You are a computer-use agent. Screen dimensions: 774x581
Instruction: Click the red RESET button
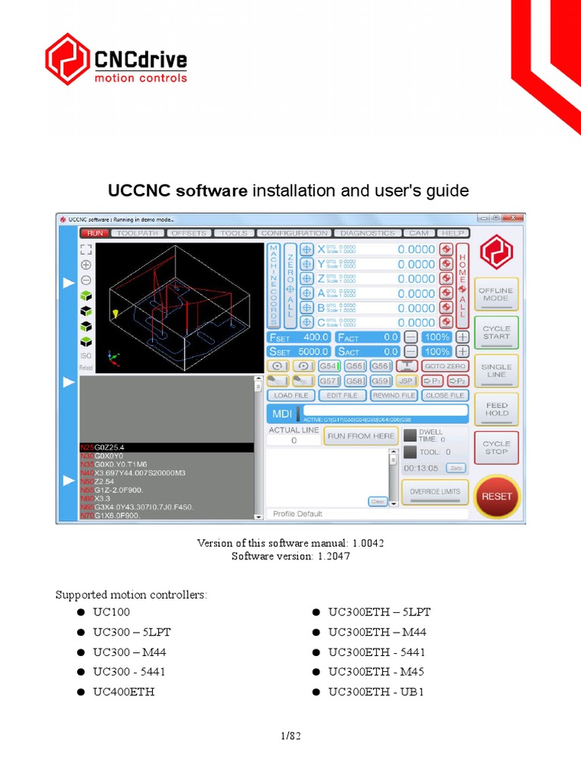coord(497,497)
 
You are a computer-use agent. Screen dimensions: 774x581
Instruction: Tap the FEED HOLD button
coord(497,409)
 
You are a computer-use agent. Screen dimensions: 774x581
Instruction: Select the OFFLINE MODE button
coord(496,294)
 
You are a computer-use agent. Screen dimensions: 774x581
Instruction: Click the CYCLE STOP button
coord(497,447)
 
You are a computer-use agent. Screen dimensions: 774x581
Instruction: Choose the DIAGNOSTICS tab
coord(367,234)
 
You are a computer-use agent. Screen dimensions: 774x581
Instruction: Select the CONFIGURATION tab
coord(294,234)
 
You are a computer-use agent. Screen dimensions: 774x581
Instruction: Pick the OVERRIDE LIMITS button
coord(434,492)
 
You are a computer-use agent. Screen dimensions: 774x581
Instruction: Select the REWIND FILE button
coord(393,395)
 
